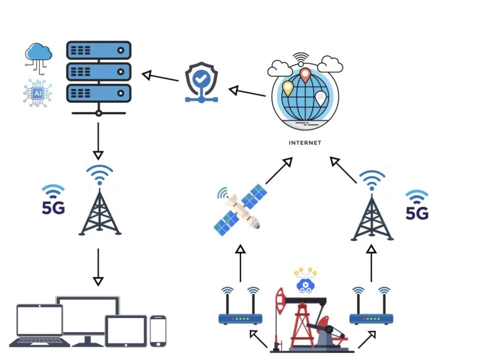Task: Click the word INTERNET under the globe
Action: pyautogui.click(x=305, y=143)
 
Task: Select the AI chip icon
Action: pyautogui.click(x=38, y=93)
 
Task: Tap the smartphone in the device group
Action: pyautogui.click(x=158, y=330)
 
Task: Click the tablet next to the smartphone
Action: pyautogui.click(x=125, y=330)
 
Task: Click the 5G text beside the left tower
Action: pyautogui.click(x=53, y=207)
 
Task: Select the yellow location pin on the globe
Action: pyautogui.click(x=287, y=88)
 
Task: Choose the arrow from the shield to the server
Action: pyautogui.click(x=160, y=77)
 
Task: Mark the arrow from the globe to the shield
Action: pyautogui.click(x=247, y=92)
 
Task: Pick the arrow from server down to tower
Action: pyautogui.click(x=98, y=140)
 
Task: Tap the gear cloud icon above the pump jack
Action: pyautogui.click(x=305, y=283)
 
